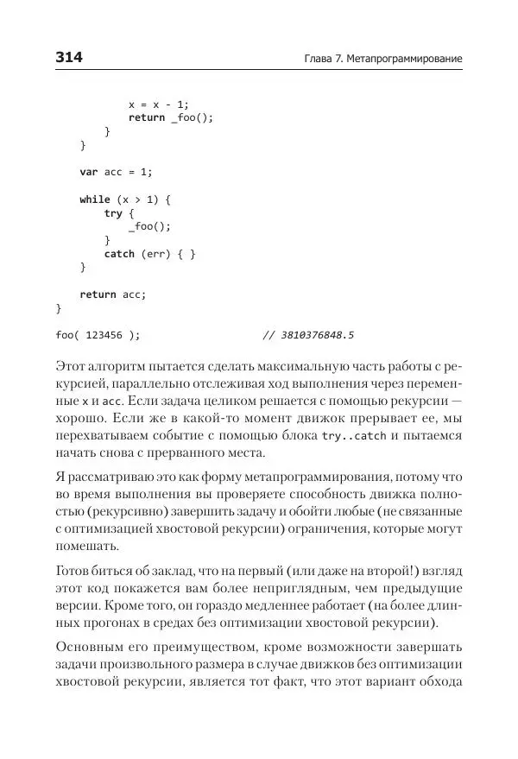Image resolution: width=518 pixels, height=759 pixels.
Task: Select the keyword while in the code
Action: pyautogui.click(x=95, y=199)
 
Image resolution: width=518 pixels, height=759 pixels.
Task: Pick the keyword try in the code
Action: pyautogui.click(x=113, y=213)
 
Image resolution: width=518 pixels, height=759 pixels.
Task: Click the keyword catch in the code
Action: pyautogui.click(x=119, y=254)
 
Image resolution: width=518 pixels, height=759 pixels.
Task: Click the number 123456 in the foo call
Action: pyautogui.click(x=105, y=334)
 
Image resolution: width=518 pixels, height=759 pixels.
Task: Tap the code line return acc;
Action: pyautogui.click(x=113, y=294)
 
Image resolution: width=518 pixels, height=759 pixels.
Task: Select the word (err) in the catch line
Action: pyautogui.click(x=156, y=254)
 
